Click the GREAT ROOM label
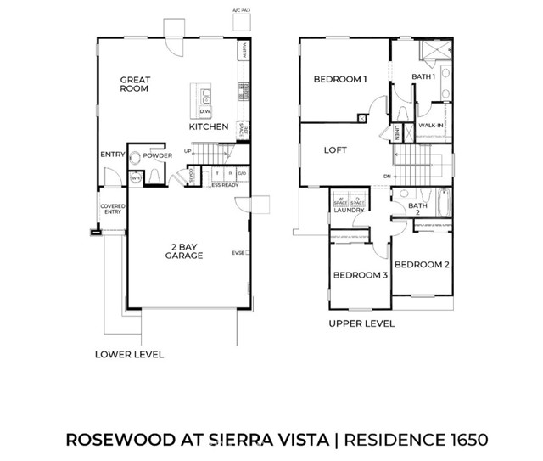click(135, 85)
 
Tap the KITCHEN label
click(209, 126)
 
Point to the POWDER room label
click(158, 156)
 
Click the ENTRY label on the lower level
click(112, 155)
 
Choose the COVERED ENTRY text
click(112, 209)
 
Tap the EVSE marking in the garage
click(238, 253)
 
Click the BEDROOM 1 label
click(339, 80)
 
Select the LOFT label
click(336, 150)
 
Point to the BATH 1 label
click(423, 77)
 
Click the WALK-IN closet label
click(431, 126)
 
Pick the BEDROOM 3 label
click(360, 275)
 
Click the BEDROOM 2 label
click(422, 265)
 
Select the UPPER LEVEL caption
click(361, 323)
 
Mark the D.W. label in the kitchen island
click(204, 111)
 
